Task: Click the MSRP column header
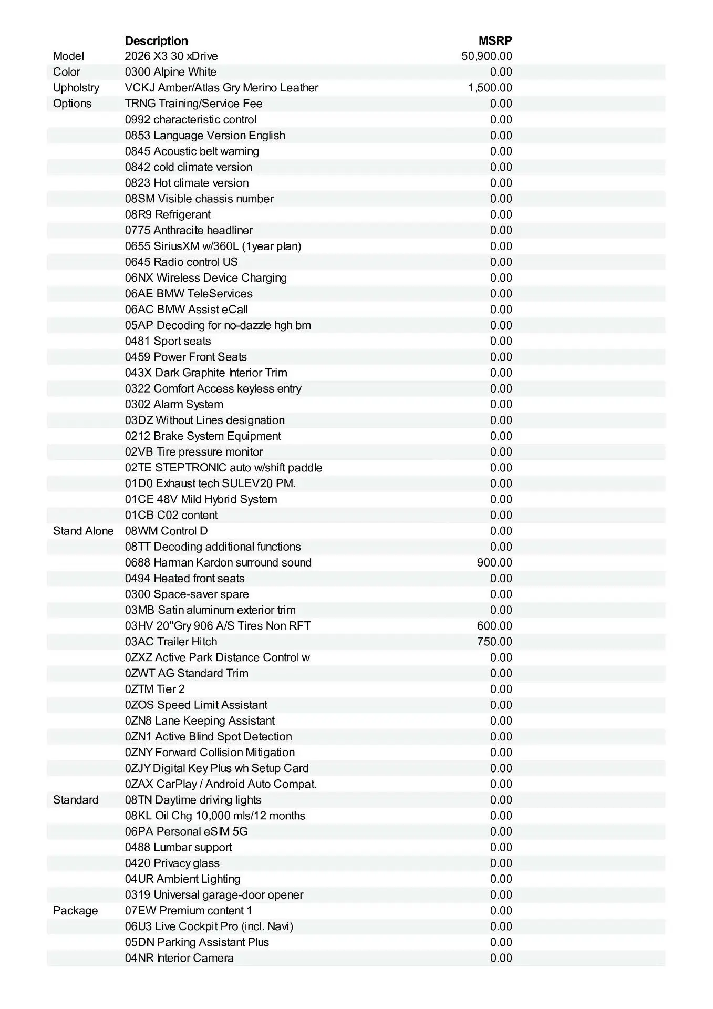[495, 40]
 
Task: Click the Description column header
[156, 40]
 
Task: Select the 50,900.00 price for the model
[487, 56]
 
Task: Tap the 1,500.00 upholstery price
[490, 88]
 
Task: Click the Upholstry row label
[76, 88]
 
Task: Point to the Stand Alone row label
[83, 531]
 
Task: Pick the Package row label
[75, 911]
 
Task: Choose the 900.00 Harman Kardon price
[494, 562]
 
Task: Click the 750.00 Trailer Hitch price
[494, 642]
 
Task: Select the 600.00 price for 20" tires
[494, 626]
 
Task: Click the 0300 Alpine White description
[170, 72]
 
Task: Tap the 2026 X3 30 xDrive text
[171, 56]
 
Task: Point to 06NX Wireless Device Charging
[206, 277]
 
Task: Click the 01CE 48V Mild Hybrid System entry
[201, 499]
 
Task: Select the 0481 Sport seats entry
[168, 341]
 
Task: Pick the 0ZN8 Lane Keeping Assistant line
[200, 720]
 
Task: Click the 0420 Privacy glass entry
[172, 863]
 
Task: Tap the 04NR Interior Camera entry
[179, 958]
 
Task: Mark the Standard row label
[76, 800]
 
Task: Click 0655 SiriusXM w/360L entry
[213, 246]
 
